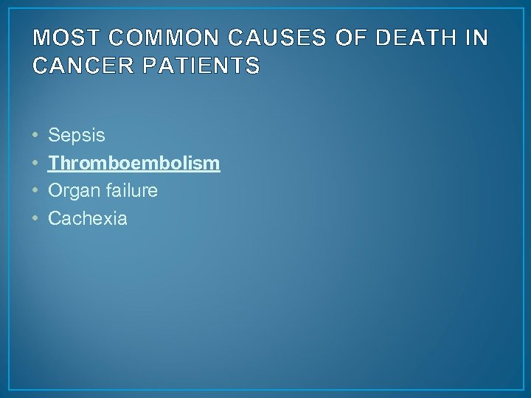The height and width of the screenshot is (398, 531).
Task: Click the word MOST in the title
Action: coord(60,38)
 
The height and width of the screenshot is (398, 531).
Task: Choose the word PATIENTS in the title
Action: coord(204,66)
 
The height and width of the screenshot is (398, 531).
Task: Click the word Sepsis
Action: coord(77,136)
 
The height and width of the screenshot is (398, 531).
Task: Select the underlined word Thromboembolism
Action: coord(133,163)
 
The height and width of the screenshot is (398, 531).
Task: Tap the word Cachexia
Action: coord(87,217)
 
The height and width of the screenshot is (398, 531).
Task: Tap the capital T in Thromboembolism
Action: coord(53,163)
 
